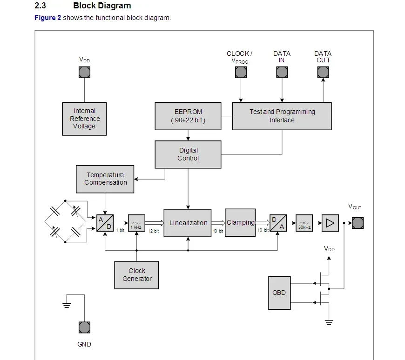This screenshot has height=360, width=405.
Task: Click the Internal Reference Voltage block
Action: tap(84, 119)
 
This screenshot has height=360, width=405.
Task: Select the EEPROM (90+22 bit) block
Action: tap(188, 116)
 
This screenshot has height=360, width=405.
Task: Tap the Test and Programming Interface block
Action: tap(282, 116)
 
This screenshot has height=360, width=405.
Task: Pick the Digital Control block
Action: tap(188, 154)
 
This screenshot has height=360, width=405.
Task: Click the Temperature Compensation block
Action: tap(105, 179)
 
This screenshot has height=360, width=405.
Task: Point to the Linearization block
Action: tap(188, 223)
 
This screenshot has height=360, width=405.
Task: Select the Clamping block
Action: tap(240, 223)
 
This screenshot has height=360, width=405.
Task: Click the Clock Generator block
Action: tap(137, 275)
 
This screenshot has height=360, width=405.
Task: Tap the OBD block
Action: tap(279, 293)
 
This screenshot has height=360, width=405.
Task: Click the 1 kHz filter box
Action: tap(136, 223)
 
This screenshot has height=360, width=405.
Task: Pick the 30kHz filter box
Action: tap(304, 223)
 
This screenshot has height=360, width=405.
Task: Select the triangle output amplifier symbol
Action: tap(330, 223)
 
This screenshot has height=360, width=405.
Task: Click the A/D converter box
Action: tap(105, 223)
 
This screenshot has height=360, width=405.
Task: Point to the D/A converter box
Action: tap(278, 223)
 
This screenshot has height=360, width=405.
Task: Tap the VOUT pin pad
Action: tap(358, 223)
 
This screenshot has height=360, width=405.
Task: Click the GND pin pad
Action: tap(84, 327)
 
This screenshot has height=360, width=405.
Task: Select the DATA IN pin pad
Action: tap(282, 72)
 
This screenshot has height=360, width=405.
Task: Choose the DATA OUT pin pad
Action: tap(323, 72)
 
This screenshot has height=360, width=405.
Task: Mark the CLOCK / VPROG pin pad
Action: tap(241, 72)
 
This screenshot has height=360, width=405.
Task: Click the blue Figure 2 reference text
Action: tap(47, 18)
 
